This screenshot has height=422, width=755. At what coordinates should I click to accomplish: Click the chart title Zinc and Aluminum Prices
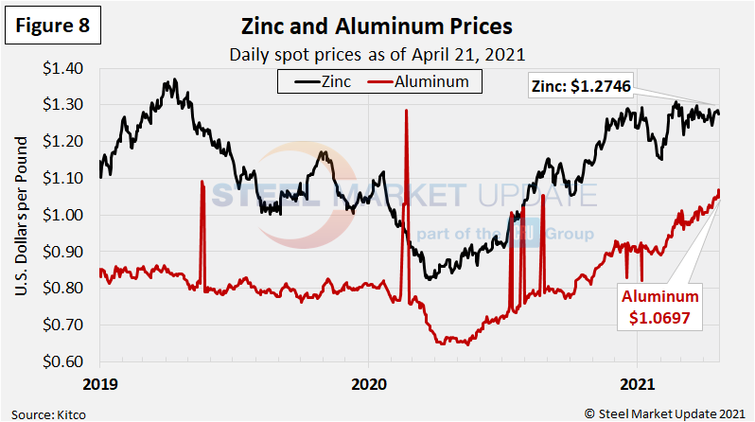click(x=377, y=26)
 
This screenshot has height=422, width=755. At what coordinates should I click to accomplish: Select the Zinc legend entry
click(x=320, y=81)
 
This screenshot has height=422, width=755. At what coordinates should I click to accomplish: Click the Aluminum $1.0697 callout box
click(x=659, y=308)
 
